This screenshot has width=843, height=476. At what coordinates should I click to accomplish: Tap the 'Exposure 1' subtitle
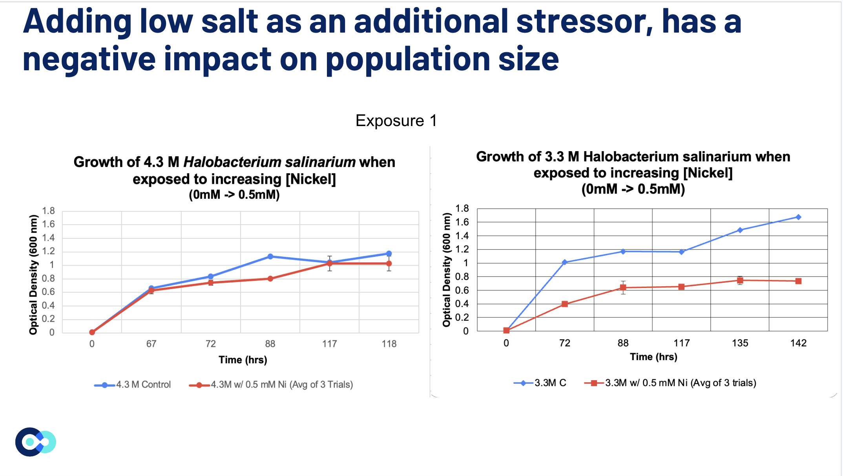click(x=396, y=121)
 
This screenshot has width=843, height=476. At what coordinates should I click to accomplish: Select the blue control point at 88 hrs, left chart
click(x=270, y=256)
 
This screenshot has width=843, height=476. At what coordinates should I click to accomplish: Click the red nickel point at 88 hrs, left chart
click(x=270, y=279)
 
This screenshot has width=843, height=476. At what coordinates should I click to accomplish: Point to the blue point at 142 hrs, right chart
click(x=798, y=217)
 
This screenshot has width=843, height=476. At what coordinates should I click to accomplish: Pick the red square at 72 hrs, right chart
click(x=565, y=304)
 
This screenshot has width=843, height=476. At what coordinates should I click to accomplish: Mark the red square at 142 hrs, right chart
click(x=798, y=281)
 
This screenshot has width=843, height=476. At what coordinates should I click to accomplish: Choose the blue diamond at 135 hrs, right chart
click(x=740, y=230)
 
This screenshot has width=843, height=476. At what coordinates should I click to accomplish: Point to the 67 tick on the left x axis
click(x=151, y=344)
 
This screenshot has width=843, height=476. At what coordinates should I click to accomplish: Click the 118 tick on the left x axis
click(x=389, y=344)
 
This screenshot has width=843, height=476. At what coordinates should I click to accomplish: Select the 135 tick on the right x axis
click(x=740, y=343)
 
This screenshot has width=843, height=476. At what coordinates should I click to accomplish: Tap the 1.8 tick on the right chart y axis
click(x=462, y=209)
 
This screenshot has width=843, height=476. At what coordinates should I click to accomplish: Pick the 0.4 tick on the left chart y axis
click(x=49, y=306)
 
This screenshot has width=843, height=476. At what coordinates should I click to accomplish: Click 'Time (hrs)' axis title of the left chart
click(x=243, y=360)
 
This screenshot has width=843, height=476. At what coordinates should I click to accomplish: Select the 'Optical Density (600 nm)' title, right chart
click(x=447, y=270)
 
